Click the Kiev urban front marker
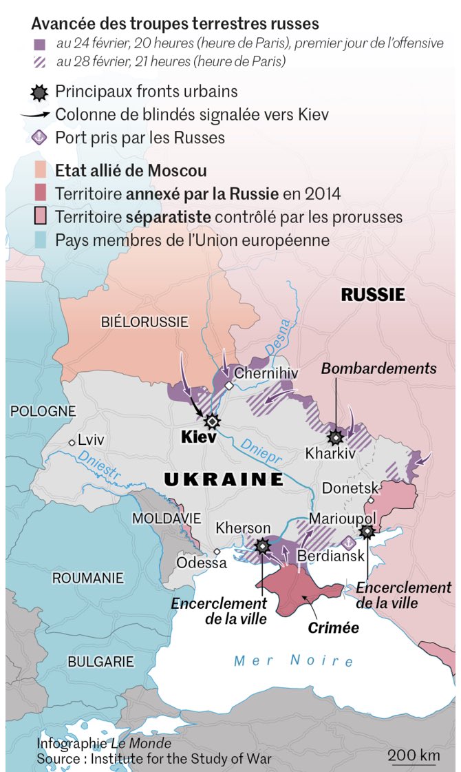click(x=213, y=421)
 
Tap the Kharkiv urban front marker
click(x=336, y=437)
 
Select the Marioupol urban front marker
click(x=367, y=531)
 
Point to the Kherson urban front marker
click(x=262, y=546)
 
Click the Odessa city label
click(x=202, y=563)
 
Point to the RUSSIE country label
click(x=373, y=295)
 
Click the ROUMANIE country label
click(x=88, y=578)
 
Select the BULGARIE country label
click(x=100, y=661)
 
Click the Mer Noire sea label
click(x=294, y=661)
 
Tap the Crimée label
click(x=333, y=627)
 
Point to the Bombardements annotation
click(x=378, y=368)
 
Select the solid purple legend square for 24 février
click(x=40, y=44)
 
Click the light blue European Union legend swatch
click(x=41, y=240)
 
